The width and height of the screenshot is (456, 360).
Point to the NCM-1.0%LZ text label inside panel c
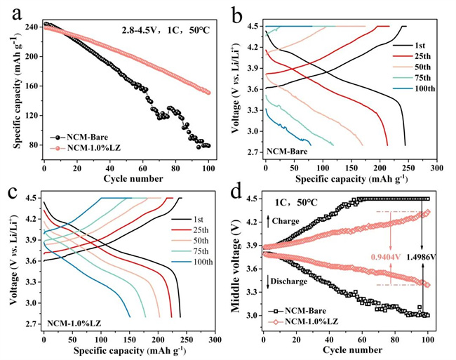(74, 324)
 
